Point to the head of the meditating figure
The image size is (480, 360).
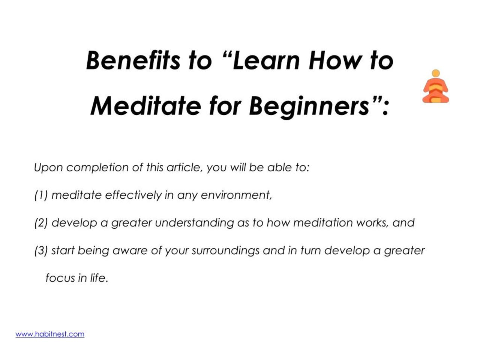(435, 73)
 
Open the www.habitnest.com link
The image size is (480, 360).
(50, 334)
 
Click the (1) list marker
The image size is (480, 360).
(41, 195)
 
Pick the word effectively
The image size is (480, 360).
(133, 195)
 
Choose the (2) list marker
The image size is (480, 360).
(41, 223)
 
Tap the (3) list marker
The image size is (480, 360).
(41, 250)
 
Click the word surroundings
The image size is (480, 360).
(225, 250)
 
